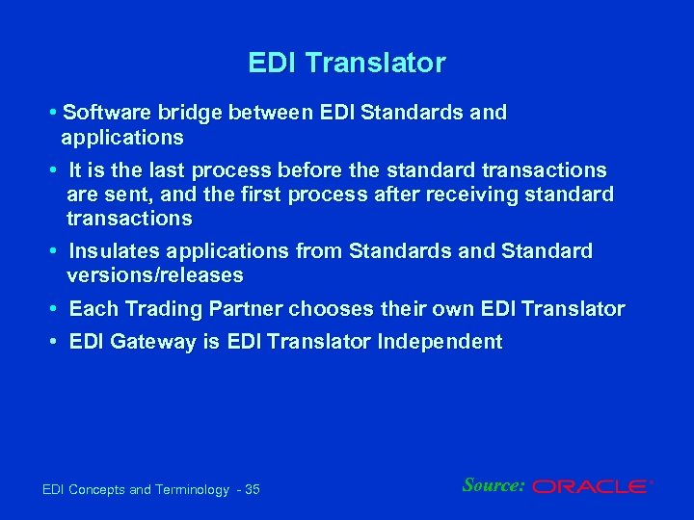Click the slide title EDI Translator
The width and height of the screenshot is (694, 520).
point(346,64)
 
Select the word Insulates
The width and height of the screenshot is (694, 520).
point(115,251)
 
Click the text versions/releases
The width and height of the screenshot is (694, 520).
point(154,275)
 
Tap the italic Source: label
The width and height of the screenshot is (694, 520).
point(493,485)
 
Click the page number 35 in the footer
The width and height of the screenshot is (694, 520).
point(253,490)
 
